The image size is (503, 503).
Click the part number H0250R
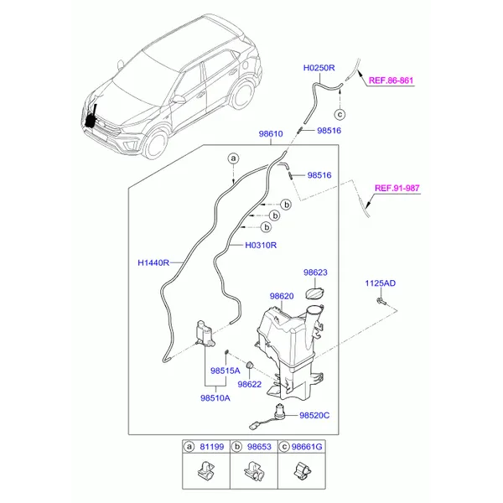[x=319, y=68]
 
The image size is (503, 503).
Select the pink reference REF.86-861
[x=391, y=80]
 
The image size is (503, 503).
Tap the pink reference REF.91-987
[x=397, y=188]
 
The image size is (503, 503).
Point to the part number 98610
[x=271, y=134]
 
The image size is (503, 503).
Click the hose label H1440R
[x=153, y=262]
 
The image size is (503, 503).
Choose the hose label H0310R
[x=261, y=246]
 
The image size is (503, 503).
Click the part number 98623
[x=315, y=272]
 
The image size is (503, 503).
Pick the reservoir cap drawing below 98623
[x=314, y=294]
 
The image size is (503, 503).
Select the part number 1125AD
[x=380, y=283]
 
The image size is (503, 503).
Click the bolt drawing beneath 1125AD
[x=381, y=302]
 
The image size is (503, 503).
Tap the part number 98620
[x=282, y=296]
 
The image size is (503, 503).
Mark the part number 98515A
[x=226, y=371]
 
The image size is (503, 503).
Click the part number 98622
[x=250, y=384]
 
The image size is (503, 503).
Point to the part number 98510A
[x=215, y=398]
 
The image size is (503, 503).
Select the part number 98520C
[x=314, y=416]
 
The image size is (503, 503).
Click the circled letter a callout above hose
[x=234, y=158]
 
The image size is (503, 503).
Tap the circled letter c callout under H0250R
[x=340, y=114]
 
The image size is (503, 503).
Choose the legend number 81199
[x=212, y=447]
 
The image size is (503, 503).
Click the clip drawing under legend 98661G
[x=302, y=470]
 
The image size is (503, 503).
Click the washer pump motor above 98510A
[x=205, y=334]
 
